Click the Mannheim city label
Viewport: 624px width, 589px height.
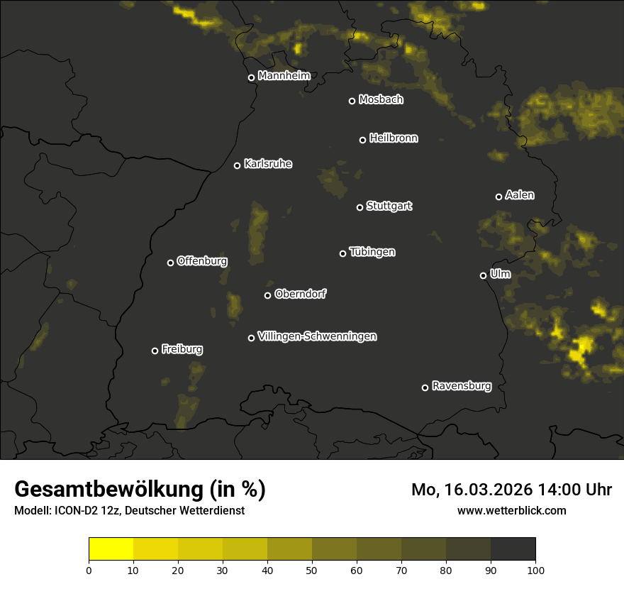284,76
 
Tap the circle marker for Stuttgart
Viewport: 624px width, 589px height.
360,207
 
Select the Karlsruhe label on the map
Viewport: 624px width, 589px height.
268,164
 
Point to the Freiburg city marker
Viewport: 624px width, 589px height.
155,351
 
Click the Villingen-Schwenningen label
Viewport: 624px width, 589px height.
317,336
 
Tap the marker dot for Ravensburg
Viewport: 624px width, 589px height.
425,387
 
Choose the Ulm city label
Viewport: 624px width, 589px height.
500,274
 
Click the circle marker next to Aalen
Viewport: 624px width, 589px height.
498,197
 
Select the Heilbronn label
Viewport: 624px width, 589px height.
394,138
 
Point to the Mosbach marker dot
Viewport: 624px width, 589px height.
351,101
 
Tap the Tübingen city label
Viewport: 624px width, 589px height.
372,252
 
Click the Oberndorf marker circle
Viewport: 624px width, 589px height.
267,295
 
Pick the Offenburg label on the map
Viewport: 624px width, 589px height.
202,261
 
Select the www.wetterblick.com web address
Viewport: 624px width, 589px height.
511,510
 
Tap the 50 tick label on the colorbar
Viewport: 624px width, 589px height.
312,570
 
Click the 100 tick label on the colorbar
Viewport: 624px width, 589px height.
535,570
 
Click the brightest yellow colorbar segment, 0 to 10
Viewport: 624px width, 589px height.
111,549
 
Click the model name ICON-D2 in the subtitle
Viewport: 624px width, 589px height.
73,511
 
